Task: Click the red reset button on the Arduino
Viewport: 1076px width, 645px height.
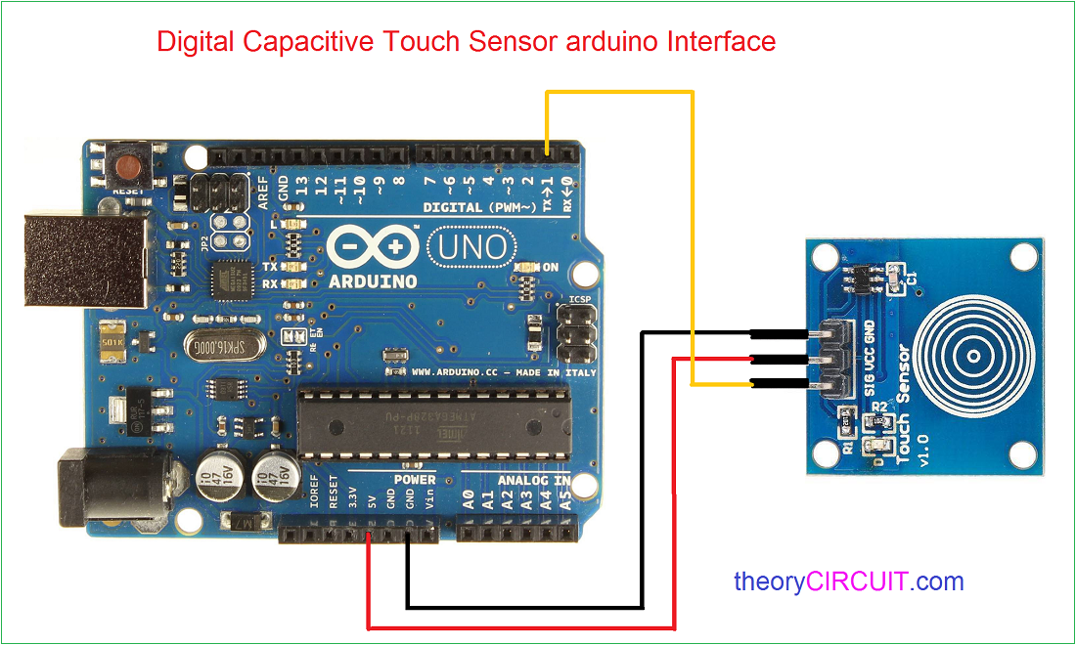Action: (127, 169)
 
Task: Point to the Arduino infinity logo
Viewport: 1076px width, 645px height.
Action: (373, 248)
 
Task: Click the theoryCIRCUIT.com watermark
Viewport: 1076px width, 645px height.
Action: (848, 582)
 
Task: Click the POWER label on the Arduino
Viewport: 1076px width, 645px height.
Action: (415, 480)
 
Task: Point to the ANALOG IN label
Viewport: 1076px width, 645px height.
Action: (533, 480)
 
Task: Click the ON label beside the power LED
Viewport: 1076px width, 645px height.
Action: (551, 267)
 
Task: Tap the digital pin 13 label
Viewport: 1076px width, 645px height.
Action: (302, 185)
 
